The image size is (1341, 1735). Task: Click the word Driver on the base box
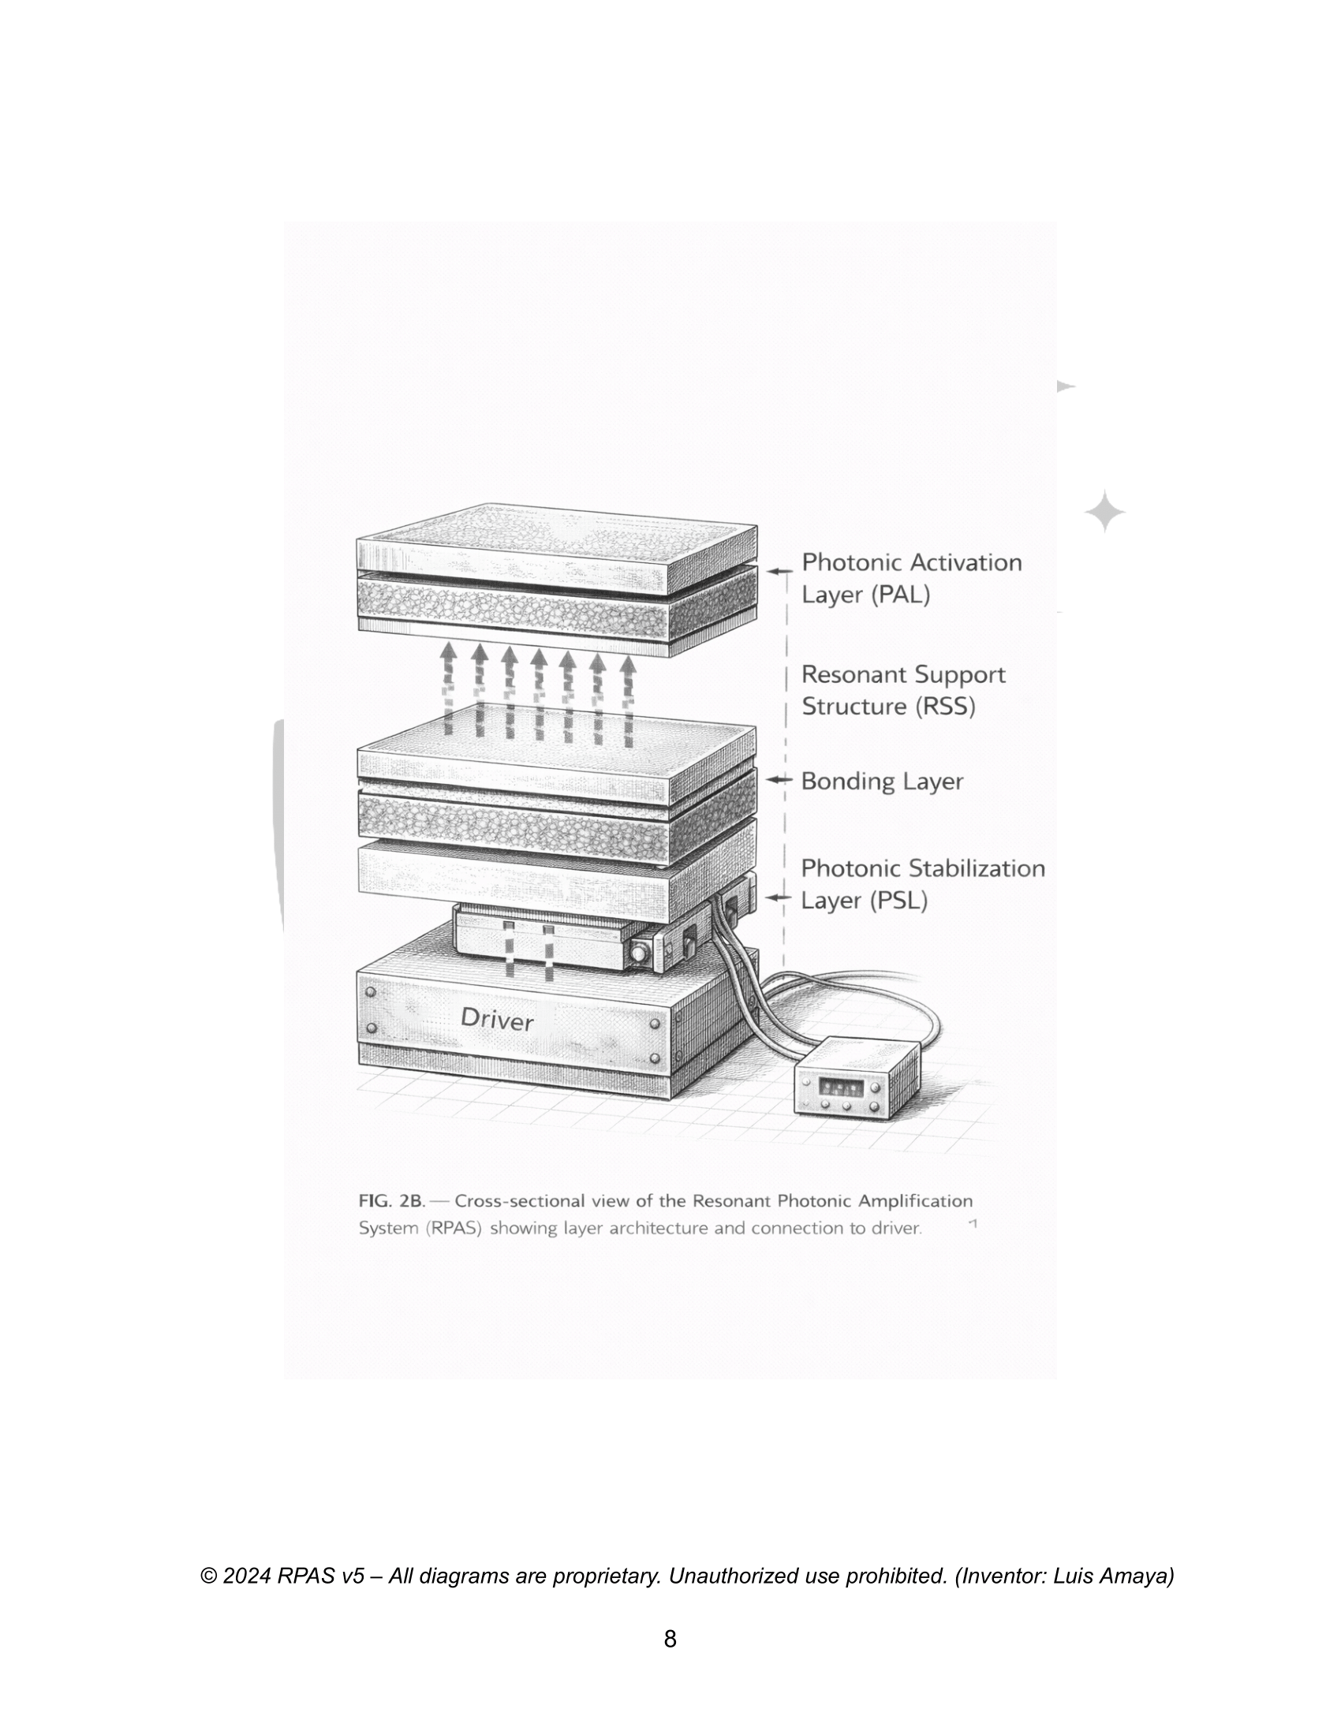click(497, 1019)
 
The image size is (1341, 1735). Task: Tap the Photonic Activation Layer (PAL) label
click(911, 578)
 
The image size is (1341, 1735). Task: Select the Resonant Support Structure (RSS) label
click(903, 690)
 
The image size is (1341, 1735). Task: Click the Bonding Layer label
click(882, 781)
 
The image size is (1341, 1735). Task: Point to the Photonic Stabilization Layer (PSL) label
click(922, 884)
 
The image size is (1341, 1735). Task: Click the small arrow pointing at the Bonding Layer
click(779, 780)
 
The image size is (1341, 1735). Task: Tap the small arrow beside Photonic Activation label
click(780, 570)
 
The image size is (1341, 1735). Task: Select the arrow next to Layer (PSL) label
click(779, 897)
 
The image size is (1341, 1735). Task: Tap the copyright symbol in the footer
click(209, 1576)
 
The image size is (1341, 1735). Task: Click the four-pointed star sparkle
click(1105, 513)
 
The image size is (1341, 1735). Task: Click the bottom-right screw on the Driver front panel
click(655, 1058)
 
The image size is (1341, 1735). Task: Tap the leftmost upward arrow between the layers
click(449, 687)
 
